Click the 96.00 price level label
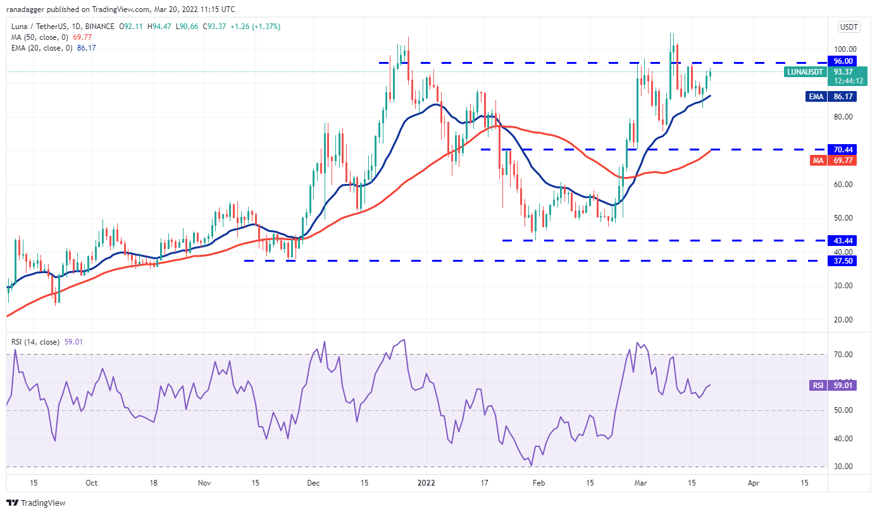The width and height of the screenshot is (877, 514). (x=844, y=61)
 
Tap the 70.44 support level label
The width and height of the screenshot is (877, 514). (x=844, y=150)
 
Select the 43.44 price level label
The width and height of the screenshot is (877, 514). (x=844, y=240)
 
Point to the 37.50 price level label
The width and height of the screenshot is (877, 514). (x=844, y=260)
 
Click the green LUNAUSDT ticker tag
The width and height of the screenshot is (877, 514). (x=805, y=72)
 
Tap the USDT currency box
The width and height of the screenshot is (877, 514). (x=848, y=27)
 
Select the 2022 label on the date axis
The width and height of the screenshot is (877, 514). (x=426, y=482)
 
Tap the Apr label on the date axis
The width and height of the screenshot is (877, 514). (x=753, y=482)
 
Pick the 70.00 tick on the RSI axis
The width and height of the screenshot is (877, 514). (x=844, y=355)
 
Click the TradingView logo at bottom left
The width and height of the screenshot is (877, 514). (x=36, y=503)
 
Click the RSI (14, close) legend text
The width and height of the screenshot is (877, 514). (x=37, y=342)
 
